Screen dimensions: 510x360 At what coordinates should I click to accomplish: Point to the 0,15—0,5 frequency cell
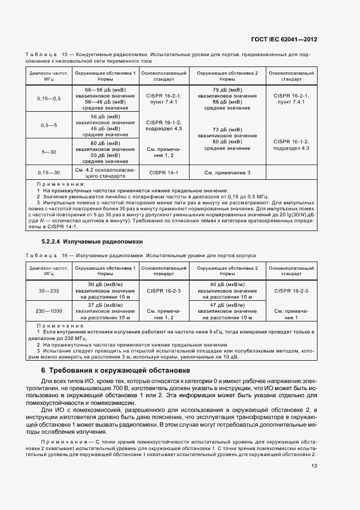pos(49,98)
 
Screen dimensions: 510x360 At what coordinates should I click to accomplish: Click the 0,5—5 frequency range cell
pos(49,125)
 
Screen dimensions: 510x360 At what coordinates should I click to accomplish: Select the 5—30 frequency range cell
pos(49,152)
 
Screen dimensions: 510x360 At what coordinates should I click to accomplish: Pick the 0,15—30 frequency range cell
pos(49,173)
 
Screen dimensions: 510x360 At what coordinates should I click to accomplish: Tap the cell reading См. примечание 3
pos(227,173)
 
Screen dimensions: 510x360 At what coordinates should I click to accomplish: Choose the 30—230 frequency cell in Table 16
pos(49,292)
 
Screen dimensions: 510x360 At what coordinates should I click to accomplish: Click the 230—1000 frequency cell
pos(49,311)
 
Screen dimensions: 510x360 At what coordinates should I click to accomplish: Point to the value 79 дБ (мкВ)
pos(227,89)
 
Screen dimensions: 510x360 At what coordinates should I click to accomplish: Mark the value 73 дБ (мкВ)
pos(227,130)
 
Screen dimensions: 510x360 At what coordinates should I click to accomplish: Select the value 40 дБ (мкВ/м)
pos(227,284)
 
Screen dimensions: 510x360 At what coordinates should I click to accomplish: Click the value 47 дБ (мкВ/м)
pos(227,305)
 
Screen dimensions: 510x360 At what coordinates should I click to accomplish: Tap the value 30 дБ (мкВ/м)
pos(105,284)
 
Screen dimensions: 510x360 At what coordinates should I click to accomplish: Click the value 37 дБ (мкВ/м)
pos(105,305)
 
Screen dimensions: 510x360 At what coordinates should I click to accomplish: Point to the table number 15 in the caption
pos(65,55)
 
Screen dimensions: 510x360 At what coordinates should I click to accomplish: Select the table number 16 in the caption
pos(65,255)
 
